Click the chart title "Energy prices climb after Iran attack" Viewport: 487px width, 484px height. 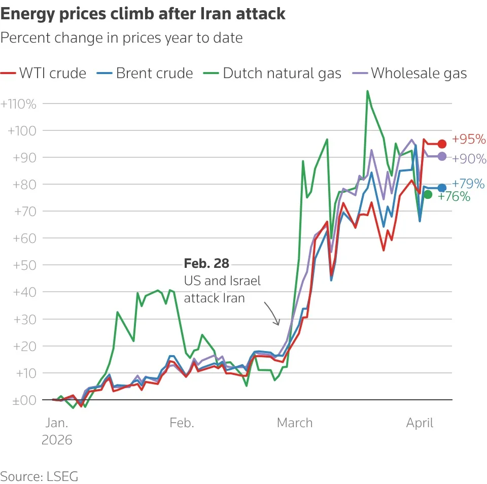(143, 14)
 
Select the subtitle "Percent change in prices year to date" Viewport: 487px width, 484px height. (122, 38)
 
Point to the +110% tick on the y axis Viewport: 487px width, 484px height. (19, 105)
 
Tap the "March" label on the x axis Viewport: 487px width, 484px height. (295, 423)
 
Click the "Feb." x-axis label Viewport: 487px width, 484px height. (182, 423)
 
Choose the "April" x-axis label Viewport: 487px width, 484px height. (420, 423)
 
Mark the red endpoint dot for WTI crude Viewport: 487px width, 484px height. (442, 144)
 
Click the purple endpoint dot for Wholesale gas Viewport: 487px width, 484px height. (442, 157)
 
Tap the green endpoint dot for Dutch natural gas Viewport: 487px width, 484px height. (428, 194)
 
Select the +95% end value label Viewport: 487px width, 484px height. (469, 139)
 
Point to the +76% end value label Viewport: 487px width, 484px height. (454, 197)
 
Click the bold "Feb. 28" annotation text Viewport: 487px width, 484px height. (206, 264)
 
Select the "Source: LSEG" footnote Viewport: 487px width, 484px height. (40, 476)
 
